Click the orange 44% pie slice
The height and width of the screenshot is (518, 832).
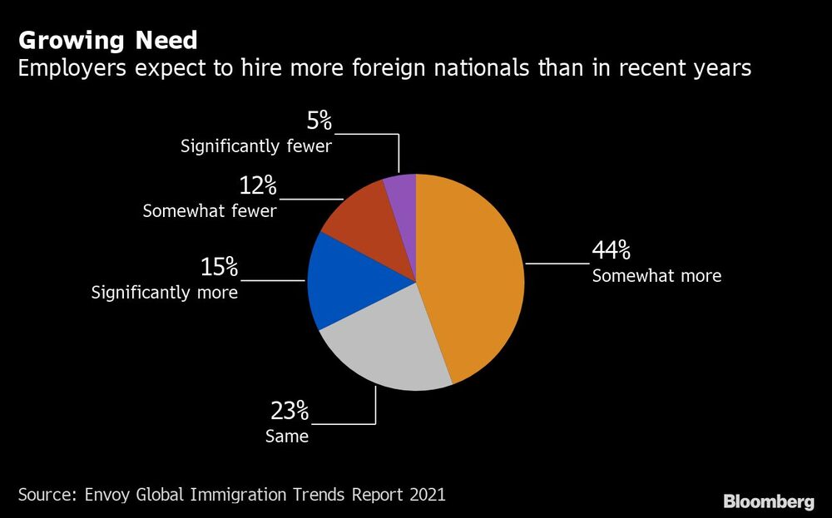(x=474, y=274)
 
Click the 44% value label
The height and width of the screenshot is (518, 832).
(x=611, y=250)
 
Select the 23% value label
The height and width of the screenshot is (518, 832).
(x=290, y=411)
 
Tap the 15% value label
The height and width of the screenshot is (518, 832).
(x=219, y=268)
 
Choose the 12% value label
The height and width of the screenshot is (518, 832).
(x=258, y=187)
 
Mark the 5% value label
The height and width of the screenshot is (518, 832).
(x=319, y=122)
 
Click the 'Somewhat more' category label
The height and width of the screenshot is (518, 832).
(x=656, y=276)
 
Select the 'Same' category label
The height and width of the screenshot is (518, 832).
(x=287, y=436)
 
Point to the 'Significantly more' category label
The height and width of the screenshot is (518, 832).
(x=165, y=293)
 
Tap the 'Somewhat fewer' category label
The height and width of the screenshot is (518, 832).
(x=210, y=211)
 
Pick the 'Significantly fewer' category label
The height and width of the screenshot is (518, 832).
(x=256, y=147)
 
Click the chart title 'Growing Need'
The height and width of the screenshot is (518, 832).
(x=108, y=40)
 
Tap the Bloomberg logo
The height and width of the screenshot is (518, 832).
(x=769, y=501)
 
